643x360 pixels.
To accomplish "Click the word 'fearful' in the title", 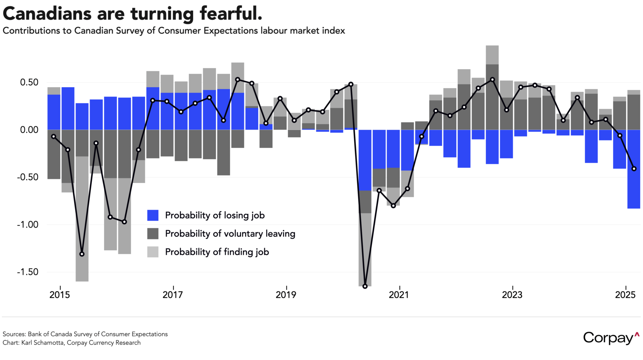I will [x=231, y=14].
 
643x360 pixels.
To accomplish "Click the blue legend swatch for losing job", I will [x=153, y=215].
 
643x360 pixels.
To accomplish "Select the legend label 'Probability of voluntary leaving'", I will [x=230, y=234].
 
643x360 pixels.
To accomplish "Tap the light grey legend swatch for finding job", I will [x=153, y=252].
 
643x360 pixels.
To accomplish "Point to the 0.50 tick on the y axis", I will [x=29, y=82].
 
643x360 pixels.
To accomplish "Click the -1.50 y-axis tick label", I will [x=27, y=272].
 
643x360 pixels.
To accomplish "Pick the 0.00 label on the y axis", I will [x=29, y=130].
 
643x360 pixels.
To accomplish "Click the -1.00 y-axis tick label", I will [x=27, y=225].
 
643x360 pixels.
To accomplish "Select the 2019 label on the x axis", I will [x=286, y=295].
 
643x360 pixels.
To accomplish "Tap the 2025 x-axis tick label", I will [x=625, y=295].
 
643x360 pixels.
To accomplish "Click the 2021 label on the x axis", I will [x=399, y=295].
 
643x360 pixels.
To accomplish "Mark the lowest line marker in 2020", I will [x=365, y=286].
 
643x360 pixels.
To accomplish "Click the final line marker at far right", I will [x=634, y=169].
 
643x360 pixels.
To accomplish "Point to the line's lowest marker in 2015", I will [x=82, y=254].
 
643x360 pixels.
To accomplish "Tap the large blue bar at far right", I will [x=634, y=169].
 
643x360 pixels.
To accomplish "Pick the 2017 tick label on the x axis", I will [x=173, y=295].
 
